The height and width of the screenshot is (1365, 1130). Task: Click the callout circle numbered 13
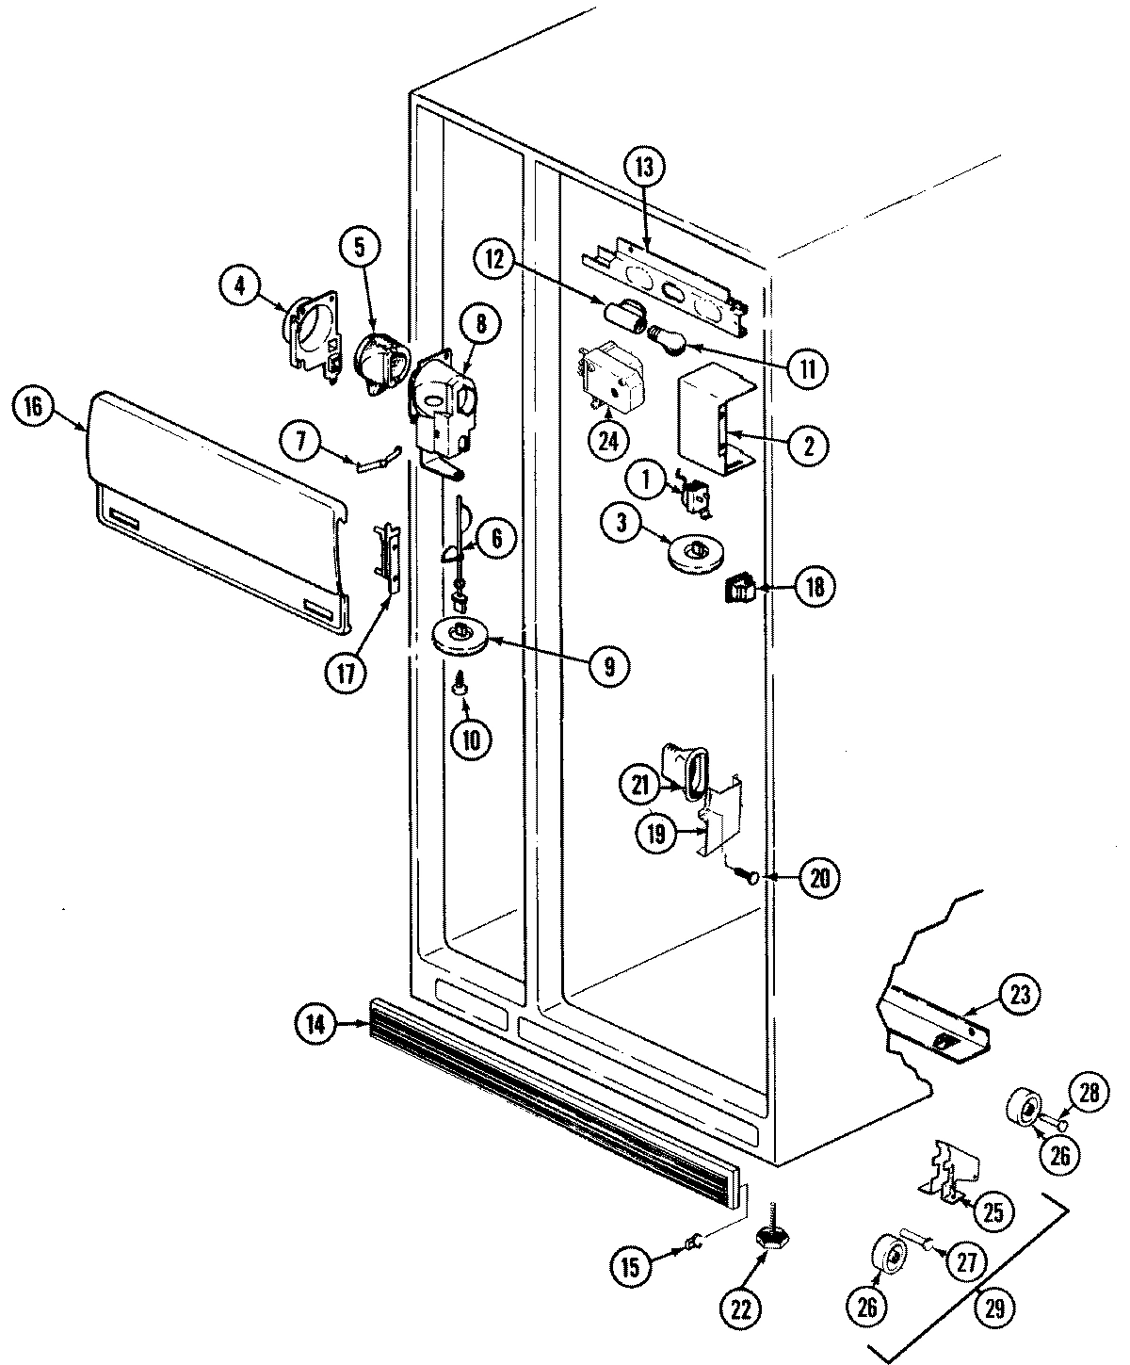point(644,170)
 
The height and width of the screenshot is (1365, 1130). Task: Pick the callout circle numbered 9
point(608,667)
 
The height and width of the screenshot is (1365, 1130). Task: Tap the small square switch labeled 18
point(738,591)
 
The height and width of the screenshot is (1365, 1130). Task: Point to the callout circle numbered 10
point(471,739)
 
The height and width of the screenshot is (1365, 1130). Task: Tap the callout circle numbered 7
point(303,442)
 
